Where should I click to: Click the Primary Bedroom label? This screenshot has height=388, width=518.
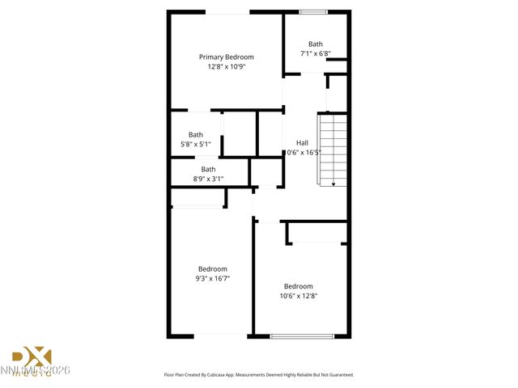(227, 57)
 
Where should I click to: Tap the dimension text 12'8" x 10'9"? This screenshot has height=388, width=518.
(227, 67)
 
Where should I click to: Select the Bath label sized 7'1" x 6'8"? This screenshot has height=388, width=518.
(315, 44)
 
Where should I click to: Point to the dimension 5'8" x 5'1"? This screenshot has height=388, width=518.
(196, 145)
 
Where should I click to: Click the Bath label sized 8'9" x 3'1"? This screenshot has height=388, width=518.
(208, 169)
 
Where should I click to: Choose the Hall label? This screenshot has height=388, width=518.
(302, 143)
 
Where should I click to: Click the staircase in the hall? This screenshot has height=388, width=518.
(333, 150)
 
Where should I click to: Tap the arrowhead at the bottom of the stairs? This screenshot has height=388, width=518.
(333, 185)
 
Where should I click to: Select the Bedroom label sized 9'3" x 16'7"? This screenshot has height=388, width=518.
(213, 269)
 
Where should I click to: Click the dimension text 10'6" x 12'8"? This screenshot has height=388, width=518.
(298, 296)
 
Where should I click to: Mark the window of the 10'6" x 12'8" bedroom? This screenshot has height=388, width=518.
(301, 336)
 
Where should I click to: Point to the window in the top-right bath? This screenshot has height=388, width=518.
(313, 11)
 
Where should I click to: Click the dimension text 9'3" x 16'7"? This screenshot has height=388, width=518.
(213, 279)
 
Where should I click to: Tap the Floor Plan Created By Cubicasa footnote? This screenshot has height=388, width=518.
(258, 375)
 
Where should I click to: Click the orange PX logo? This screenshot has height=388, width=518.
(32, 357)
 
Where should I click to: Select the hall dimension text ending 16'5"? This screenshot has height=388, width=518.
(304, 152)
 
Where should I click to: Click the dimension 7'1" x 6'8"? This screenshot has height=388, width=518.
(315, 54)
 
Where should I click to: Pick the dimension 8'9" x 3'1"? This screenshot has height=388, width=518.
(208, 179)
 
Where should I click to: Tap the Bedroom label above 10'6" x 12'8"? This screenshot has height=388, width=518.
(298, 286)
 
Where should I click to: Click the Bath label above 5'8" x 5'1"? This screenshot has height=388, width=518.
(196, 135)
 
